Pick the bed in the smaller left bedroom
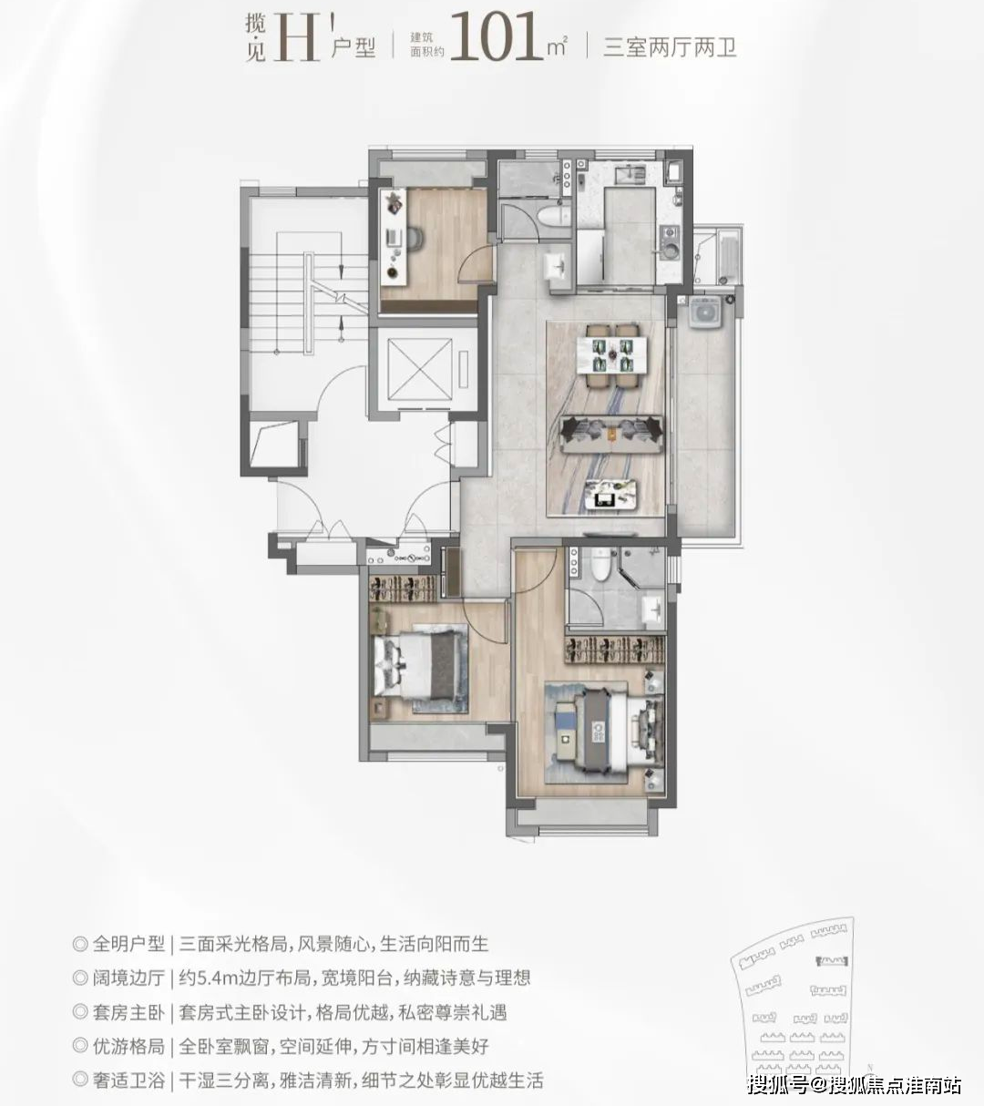[x=419, y=665]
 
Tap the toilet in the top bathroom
[x=549, y=216]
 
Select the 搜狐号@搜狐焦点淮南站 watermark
[x=854, y=1084]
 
